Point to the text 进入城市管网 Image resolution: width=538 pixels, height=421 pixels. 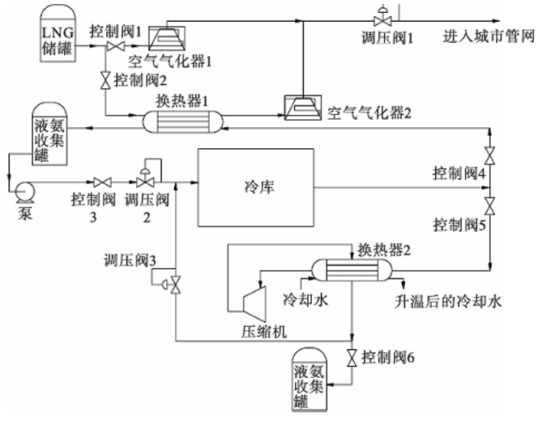[490, 37]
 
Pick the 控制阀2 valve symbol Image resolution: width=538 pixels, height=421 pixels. [105, 80]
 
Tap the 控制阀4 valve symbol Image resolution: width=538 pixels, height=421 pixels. [491, 154]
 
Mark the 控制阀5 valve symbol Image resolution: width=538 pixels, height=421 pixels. [491, 202]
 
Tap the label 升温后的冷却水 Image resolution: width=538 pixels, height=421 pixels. [449, 302]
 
